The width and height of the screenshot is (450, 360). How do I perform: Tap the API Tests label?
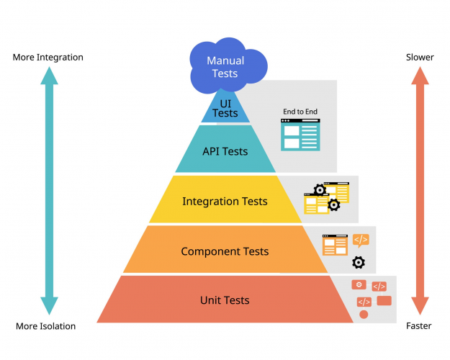tap(225, 151)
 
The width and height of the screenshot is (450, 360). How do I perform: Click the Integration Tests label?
tap(225, 202)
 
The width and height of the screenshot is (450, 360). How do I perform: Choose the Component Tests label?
tap(225, 251)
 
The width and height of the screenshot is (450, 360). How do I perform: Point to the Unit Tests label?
tap(225, 300)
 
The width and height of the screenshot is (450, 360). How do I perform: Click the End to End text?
tap(300, 112)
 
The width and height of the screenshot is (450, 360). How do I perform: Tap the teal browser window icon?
tap(300, 135)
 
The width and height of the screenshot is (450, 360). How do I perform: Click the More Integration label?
tap(48, 57)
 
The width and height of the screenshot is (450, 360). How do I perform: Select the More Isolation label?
tap(46, 326)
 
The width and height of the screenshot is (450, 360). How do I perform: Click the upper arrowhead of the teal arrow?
tap(49, 73)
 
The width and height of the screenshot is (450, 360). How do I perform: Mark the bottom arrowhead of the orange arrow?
tap(420, 308)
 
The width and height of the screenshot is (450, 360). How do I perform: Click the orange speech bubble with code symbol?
tap(361, 240)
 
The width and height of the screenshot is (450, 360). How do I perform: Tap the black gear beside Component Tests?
tap(359, 262)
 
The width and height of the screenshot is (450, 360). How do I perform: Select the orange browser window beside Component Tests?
tap(334, 245)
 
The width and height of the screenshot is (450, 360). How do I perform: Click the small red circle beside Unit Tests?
tap(364, 315)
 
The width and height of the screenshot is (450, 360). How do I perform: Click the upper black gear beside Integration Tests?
tap(319, 191)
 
